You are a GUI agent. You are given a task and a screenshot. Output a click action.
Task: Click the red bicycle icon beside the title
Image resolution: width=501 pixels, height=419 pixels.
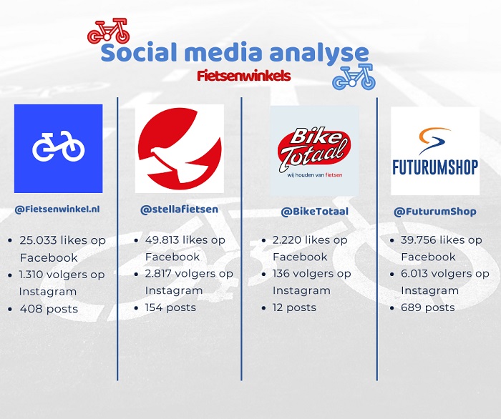pyautogui.click(x=109, y=31)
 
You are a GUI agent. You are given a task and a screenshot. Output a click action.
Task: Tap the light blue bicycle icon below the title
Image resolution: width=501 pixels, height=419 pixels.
pyautogui.click(x=354, y=77)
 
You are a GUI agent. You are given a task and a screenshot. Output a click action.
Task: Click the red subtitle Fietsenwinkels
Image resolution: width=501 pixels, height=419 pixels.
pyautogui.click(x=244, y=77)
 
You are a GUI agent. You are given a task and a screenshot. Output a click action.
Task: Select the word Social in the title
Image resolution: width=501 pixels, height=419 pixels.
pyautogui.click(x=140, y=52)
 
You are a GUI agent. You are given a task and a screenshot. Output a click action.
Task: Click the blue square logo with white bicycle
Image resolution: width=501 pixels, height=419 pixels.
pyautogui.click(x=58, y=149)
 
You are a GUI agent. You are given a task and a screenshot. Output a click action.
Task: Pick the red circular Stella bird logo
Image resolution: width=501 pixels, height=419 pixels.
pyautogui.click(x=180, y=149)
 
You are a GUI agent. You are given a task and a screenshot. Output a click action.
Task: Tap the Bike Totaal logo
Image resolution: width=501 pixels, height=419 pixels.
pyautogui.click(x=314, y=151)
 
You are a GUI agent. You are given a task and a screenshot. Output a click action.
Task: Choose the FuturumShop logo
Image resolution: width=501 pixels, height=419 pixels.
pyautogui.click(x=435, y=151)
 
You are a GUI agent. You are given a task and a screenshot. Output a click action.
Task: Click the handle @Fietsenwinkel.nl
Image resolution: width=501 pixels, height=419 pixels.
pyautogui.click(x=57, y=209)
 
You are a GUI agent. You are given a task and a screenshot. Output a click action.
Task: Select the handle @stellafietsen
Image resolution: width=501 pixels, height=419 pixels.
pyautogui.click(x=179, y=209)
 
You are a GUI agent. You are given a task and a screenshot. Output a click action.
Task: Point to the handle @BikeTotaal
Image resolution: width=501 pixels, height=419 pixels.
pyautogui.click(x=315, y=212)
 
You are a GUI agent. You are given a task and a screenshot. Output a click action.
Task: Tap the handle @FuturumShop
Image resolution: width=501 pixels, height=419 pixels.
pyautogui.click(x=435, y=212)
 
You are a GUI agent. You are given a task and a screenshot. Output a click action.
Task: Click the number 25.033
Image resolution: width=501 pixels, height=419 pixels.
pyautogui.click(x=38, y=240)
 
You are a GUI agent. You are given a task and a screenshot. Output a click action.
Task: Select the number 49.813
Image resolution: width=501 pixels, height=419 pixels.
pyautogui.click(x=163, y=240)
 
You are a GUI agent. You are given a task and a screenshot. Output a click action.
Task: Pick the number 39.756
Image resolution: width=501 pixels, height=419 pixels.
pyautogui.click(x=419, y=240)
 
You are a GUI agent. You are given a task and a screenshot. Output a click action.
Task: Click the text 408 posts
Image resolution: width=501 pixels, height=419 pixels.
pyautogui.click(x=49, y=309)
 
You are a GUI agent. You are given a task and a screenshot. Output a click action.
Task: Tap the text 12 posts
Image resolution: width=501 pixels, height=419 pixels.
pyautogui.click(x=294, y=307)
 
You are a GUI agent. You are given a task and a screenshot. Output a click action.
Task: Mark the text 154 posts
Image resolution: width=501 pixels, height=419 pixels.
pyautogui.click(x=170, y=307)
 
